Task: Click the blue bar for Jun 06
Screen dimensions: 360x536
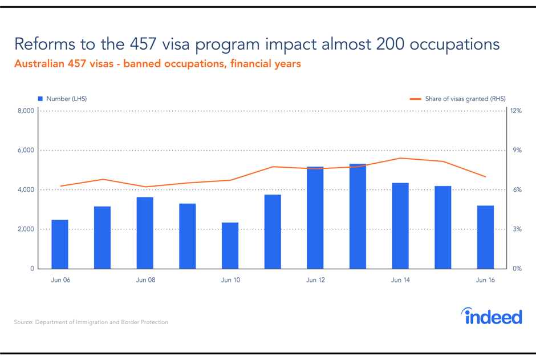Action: click(60, 244)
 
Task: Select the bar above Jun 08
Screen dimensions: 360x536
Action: click(145, 233)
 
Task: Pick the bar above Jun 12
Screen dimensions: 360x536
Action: click(315, 217)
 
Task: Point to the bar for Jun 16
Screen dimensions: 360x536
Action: click(485, 237)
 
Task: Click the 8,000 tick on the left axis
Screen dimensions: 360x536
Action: click(26, 111)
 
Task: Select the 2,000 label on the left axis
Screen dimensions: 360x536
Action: click(26, 229)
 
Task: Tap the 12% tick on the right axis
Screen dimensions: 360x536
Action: click(515, 111)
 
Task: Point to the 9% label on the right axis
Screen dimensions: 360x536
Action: click(517, 151)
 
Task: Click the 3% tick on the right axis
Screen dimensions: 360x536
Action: click(517, 229)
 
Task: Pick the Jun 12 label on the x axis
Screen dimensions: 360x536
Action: click(315, 280)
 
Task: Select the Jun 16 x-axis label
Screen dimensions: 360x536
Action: click(485, 280)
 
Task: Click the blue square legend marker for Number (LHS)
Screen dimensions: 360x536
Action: click(40, 99)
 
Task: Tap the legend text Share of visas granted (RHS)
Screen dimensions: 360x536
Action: click(465, 99)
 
